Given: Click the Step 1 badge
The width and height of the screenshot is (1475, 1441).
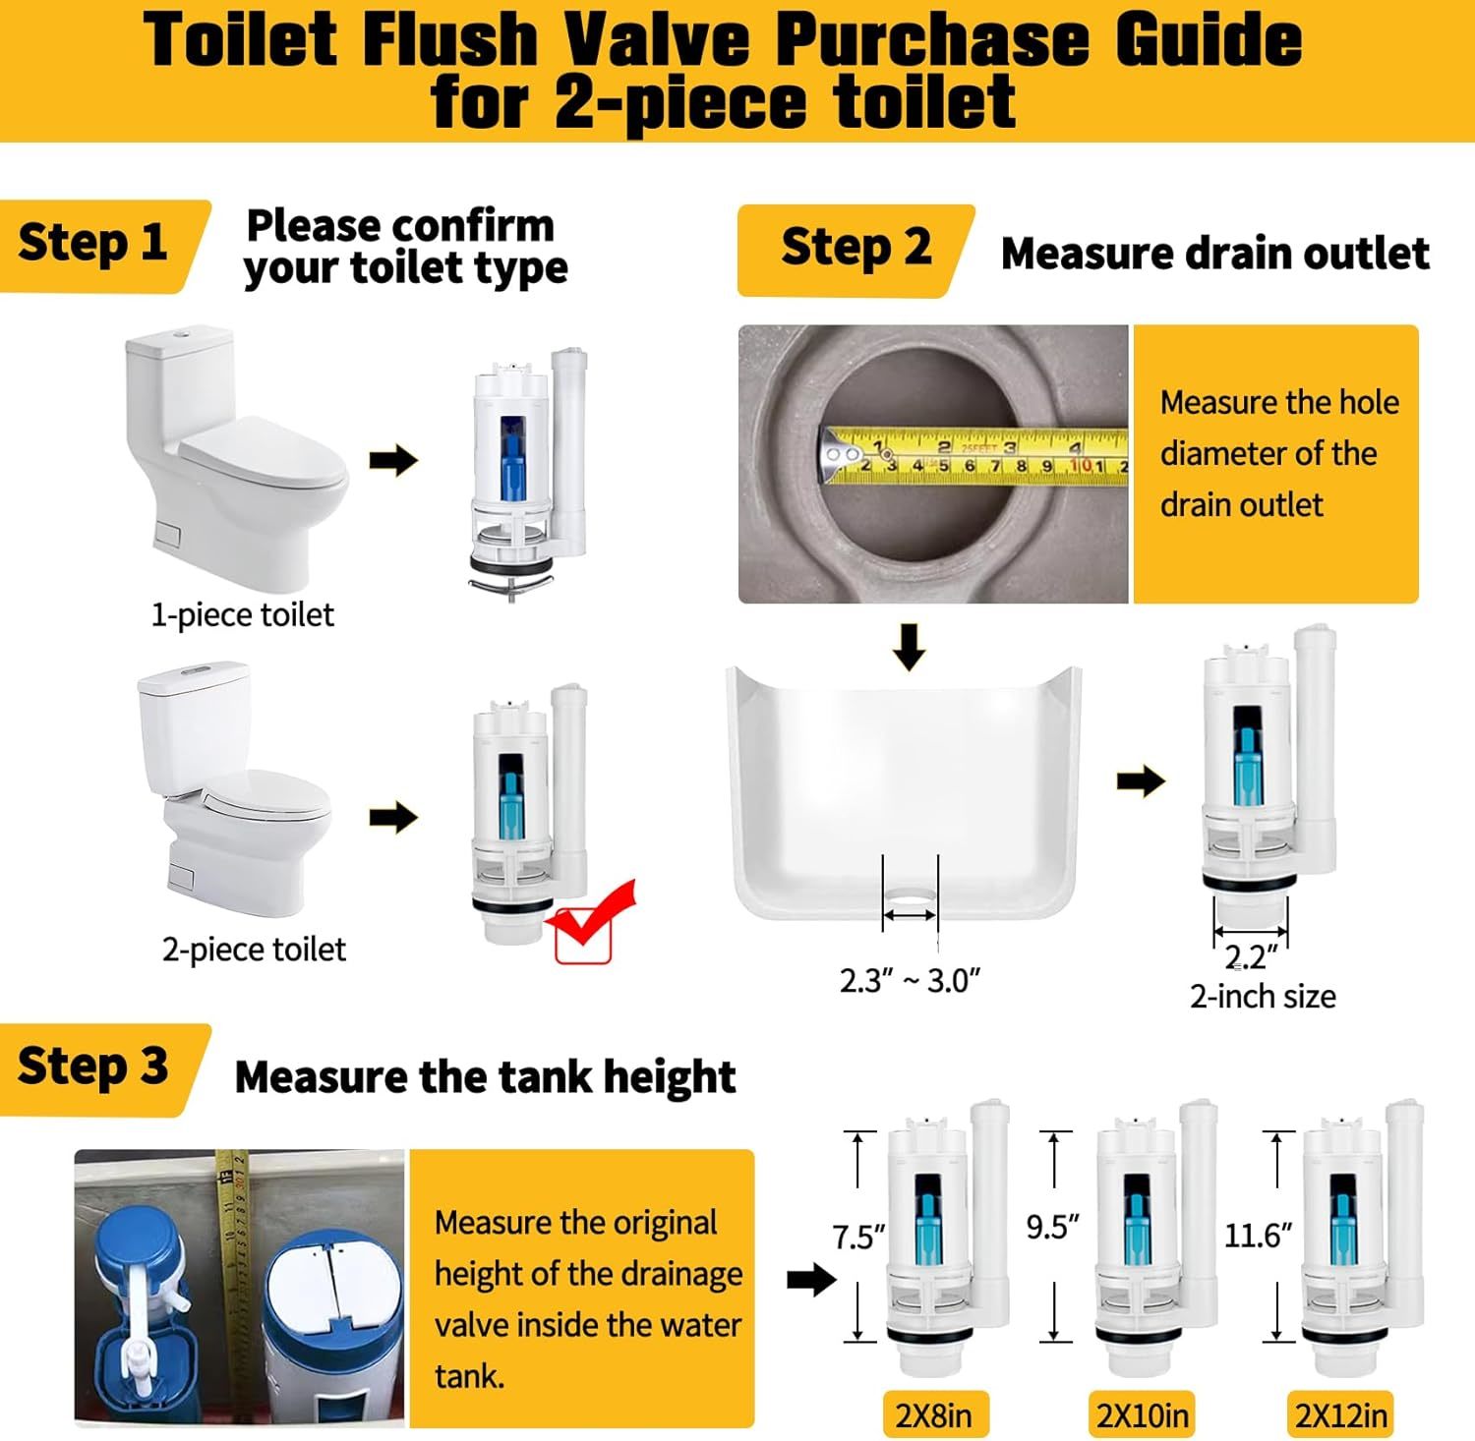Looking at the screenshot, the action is [102, 246].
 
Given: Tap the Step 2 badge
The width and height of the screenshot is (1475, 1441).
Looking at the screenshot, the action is [854, 250].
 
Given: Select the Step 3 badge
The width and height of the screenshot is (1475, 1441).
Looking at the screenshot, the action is [102, 1069].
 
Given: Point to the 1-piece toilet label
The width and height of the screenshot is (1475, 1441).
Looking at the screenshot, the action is [242, 615].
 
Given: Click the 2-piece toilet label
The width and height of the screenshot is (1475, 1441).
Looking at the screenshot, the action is [254, 950].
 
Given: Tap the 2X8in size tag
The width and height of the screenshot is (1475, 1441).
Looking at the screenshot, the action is [933, 1415].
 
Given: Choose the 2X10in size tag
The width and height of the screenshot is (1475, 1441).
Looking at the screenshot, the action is [1143, 1415].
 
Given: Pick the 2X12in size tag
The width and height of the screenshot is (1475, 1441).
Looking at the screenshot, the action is [1341, 1415].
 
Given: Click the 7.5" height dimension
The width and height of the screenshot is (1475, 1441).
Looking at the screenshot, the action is [859, 1237].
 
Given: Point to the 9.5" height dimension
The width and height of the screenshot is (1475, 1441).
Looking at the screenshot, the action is [1053, 1227].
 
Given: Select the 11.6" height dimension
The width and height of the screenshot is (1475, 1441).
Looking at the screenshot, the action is [1258, 1235].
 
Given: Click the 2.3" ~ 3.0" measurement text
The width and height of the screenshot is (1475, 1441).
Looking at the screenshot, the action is [910, 981].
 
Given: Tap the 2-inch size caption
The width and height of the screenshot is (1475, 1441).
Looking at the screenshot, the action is [1263, 997].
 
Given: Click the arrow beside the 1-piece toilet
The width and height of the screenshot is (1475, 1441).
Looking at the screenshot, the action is [393, 460].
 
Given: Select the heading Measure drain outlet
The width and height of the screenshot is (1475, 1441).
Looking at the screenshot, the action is [1214, 254].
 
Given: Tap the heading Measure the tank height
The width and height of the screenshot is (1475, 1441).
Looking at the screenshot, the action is [485, 1077].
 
